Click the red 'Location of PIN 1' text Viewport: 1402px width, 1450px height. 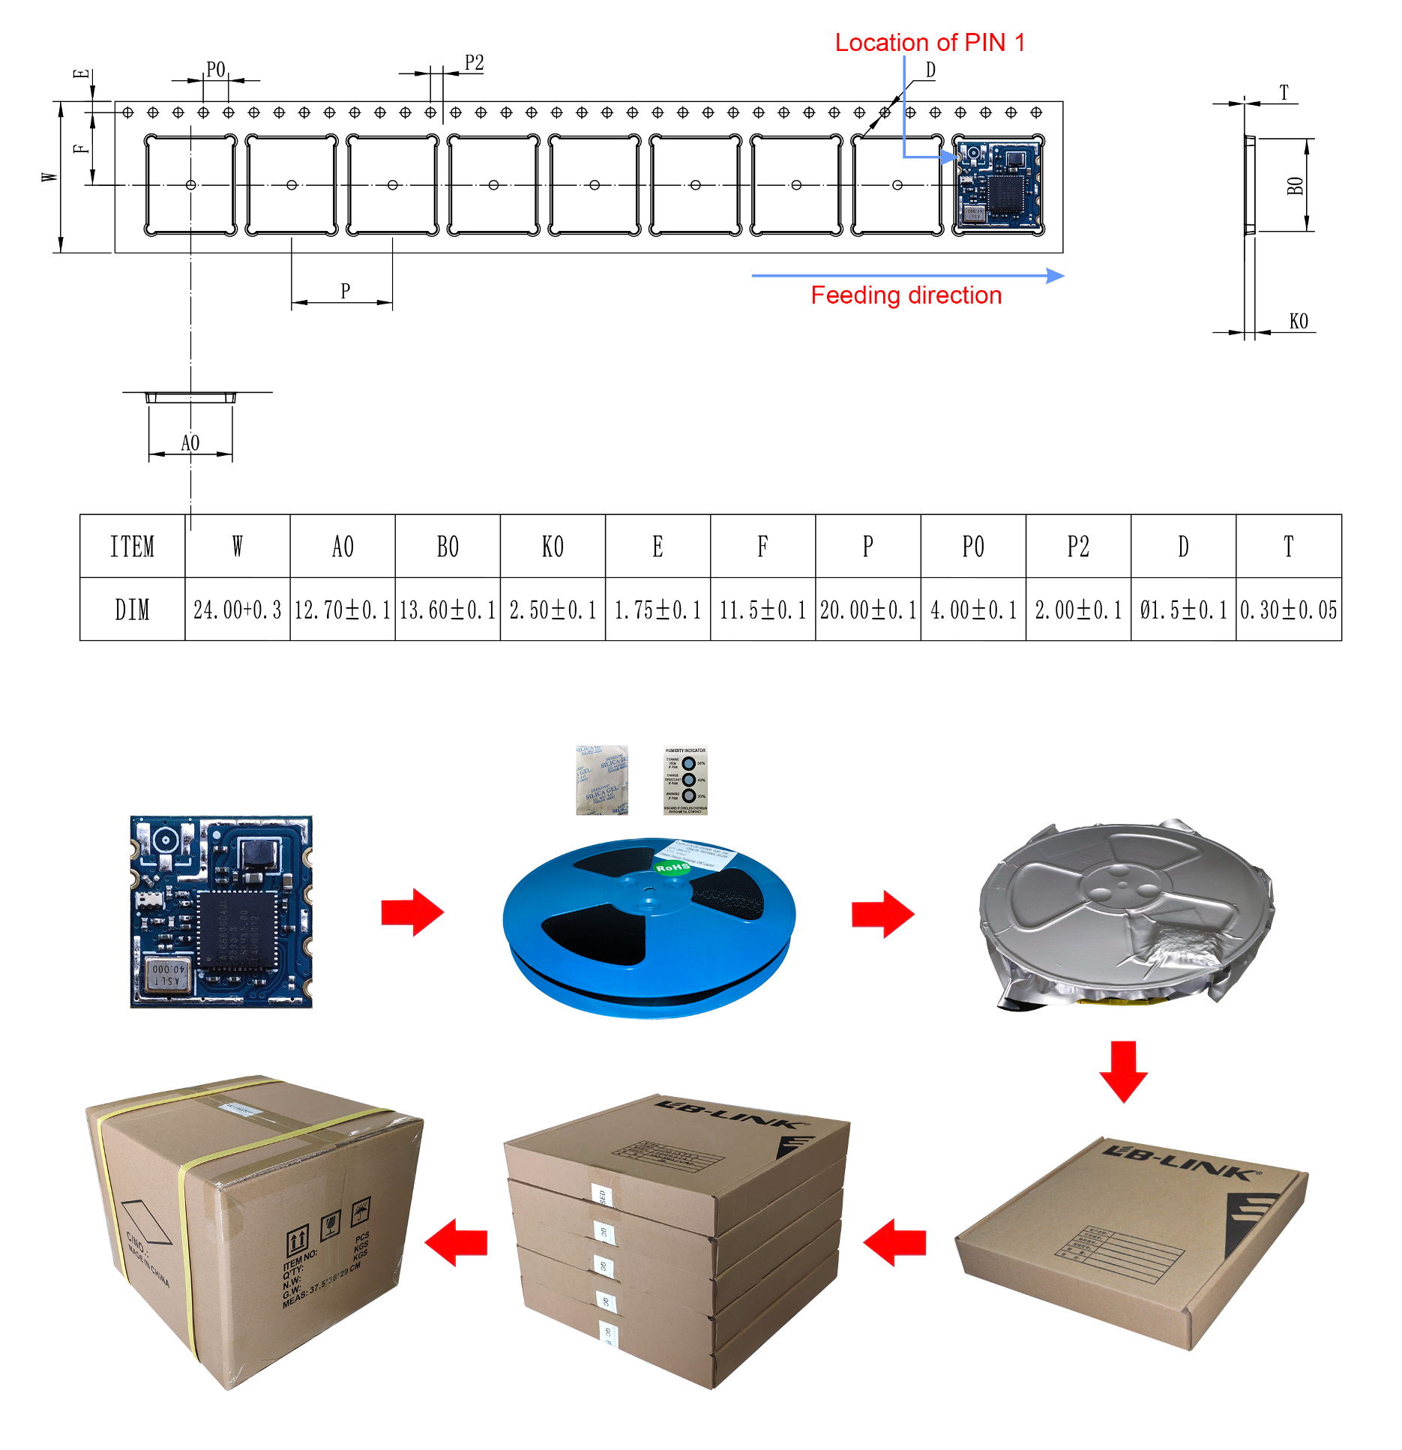[x=930, y=43]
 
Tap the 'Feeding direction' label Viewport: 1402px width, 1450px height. [x=906, y=295]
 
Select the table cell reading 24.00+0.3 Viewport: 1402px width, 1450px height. [x=237, y=610]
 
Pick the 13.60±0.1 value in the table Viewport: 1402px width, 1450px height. [x=448, y=610]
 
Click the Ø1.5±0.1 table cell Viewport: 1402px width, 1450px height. [x=1183, y=610]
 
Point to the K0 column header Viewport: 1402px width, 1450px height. [x=553, y=547]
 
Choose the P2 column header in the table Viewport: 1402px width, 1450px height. [x=1078, y=547]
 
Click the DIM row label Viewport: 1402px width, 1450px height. [x=132, y=610]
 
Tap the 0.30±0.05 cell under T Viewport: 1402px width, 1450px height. [x=1288, y=610]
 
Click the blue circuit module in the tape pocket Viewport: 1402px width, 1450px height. [x=998, y=184]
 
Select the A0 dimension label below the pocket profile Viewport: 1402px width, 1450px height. [x=190, y=443]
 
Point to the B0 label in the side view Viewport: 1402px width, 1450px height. [x=1295, y=186]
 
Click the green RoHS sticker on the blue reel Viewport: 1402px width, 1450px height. [x=673, y=867]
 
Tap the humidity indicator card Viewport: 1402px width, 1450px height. [x=685, y=780]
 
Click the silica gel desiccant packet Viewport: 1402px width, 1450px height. [x=601, y=780]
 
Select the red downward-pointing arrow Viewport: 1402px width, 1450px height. [x=1123, y=1071]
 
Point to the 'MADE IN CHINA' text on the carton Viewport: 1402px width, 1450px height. [x=148, y=1264]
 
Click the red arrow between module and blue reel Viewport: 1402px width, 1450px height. [x=412, y=912]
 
